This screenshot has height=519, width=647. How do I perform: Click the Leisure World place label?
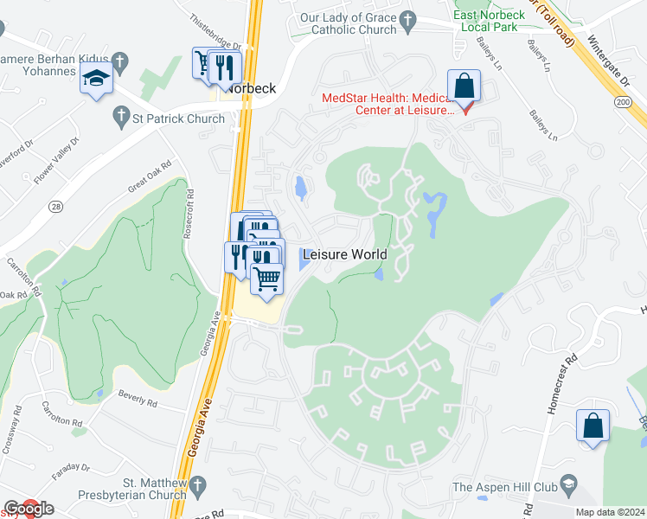pyautogui.click(x=344, y=256)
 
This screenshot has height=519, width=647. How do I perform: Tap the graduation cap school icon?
pyautogui.click(x=96, y=81)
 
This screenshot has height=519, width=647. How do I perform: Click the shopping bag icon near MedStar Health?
pyautogui.click(x=464, y=86)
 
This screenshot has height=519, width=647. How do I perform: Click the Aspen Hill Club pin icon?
pyautogui.click(x=567, y=481)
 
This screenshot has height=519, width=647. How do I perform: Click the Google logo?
pyautogui.click(x=29, y=509)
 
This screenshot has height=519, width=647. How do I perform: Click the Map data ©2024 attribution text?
pyautogui.click(x=609, y=512)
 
